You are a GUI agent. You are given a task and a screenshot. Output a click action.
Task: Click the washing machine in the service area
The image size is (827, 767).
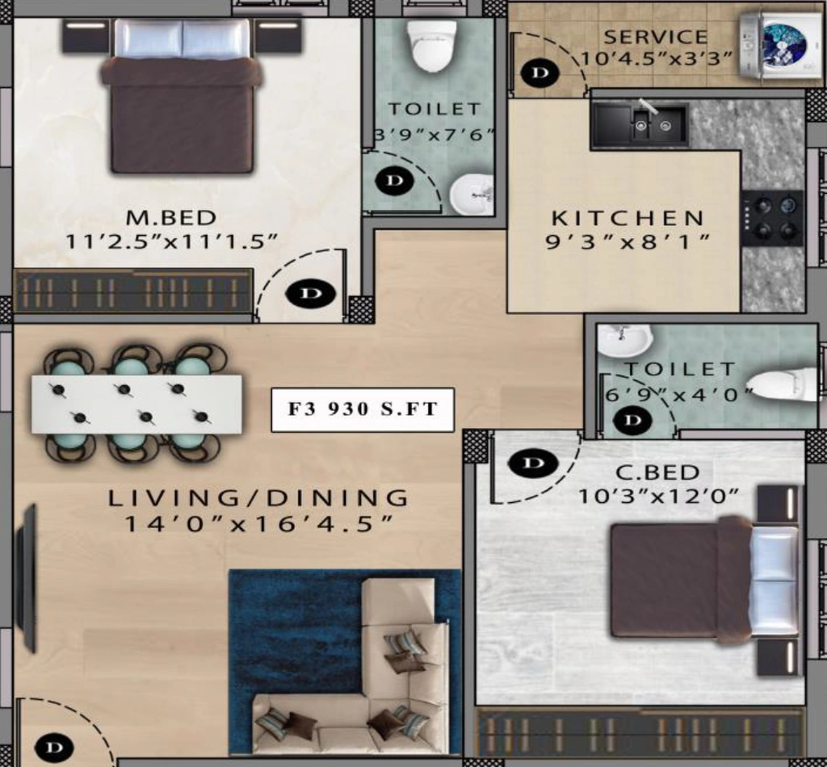point(781,46)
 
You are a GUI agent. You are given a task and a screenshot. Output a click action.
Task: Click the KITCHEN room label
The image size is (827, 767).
point(628,218)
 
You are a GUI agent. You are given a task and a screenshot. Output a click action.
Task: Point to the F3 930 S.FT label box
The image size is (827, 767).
point(363,409)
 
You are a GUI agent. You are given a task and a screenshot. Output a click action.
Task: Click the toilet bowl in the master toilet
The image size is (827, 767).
point(432,45)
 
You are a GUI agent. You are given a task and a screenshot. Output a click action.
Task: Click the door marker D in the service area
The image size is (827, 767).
point(539,73)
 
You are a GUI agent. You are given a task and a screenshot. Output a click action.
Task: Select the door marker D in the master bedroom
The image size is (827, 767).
point(311,293)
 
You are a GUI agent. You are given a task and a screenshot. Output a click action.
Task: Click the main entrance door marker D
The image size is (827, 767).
point(54,748)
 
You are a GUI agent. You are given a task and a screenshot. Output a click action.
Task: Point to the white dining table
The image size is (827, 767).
point(136,404)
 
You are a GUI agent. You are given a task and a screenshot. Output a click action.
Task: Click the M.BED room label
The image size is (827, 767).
point(171,217)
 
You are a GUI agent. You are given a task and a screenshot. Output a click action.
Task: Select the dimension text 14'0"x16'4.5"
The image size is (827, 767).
point(258,524)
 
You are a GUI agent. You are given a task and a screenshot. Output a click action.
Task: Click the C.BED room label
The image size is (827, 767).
point(657,472)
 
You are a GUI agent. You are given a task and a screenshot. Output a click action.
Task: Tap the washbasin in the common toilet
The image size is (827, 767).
point(625,340)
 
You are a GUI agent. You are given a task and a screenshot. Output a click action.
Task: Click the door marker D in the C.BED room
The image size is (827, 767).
point(533,463)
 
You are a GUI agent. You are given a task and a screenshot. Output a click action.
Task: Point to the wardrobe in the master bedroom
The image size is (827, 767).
point(133,291)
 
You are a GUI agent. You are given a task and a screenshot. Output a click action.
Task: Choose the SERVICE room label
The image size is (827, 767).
point(656,37)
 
